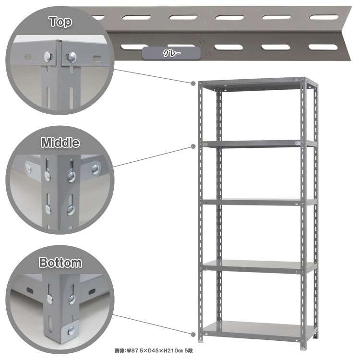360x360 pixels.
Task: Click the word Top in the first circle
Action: [60, 22]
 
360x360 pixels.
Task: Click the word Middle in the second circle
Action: [60, 143]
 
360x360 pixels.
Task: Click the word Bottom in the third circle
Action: [60, 263]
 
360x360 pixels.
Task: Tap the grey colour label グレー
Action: [171, 53]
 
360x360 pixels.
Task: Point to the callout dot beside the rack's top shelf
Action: [193, 83]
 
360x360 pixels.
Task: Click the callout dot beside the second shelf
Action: [193, 146]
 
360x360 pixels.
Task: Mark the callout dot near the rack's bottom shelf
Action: [193, 335]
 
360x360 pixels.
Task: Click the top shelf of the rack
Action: [255, 84]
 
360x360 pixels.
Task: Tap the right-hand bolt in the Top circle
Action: [72, 57]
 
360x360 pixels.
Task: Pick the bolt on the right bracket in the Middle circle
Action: [96, 169]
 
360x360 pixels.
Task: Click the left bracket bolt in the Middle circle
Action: [28, 168]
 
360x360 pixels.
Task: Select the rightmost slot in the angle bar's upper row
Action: [324, 17]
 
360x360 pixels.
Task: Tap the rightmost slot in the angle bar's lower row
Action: [323, 47]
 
